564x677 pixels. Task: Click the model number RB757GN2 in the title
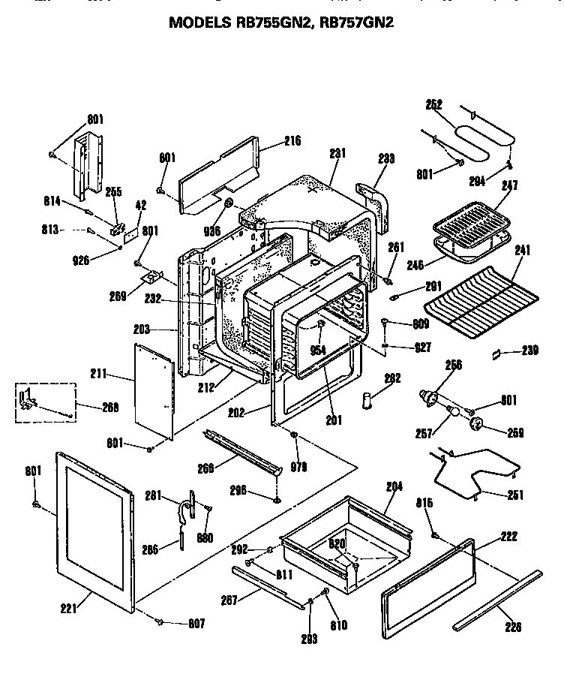click(356, 23)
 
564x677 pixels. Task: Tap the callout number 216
click(271, 140)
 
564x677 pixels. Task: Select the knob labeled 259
click(475, 425)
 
